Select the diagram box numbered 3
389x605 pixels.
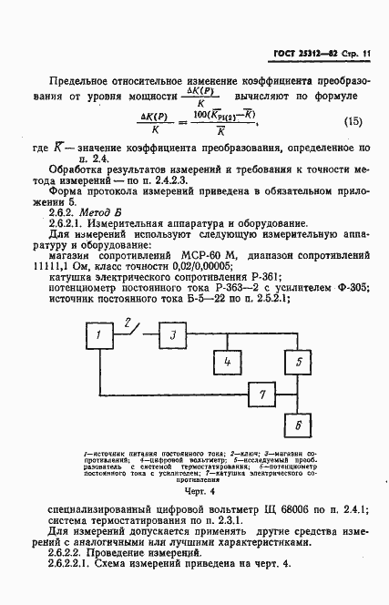172,337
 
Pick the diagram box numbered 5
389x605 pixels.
296,362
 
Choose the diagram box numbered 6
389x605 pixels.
296,425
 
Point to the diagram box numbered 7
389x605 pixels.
262,395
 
